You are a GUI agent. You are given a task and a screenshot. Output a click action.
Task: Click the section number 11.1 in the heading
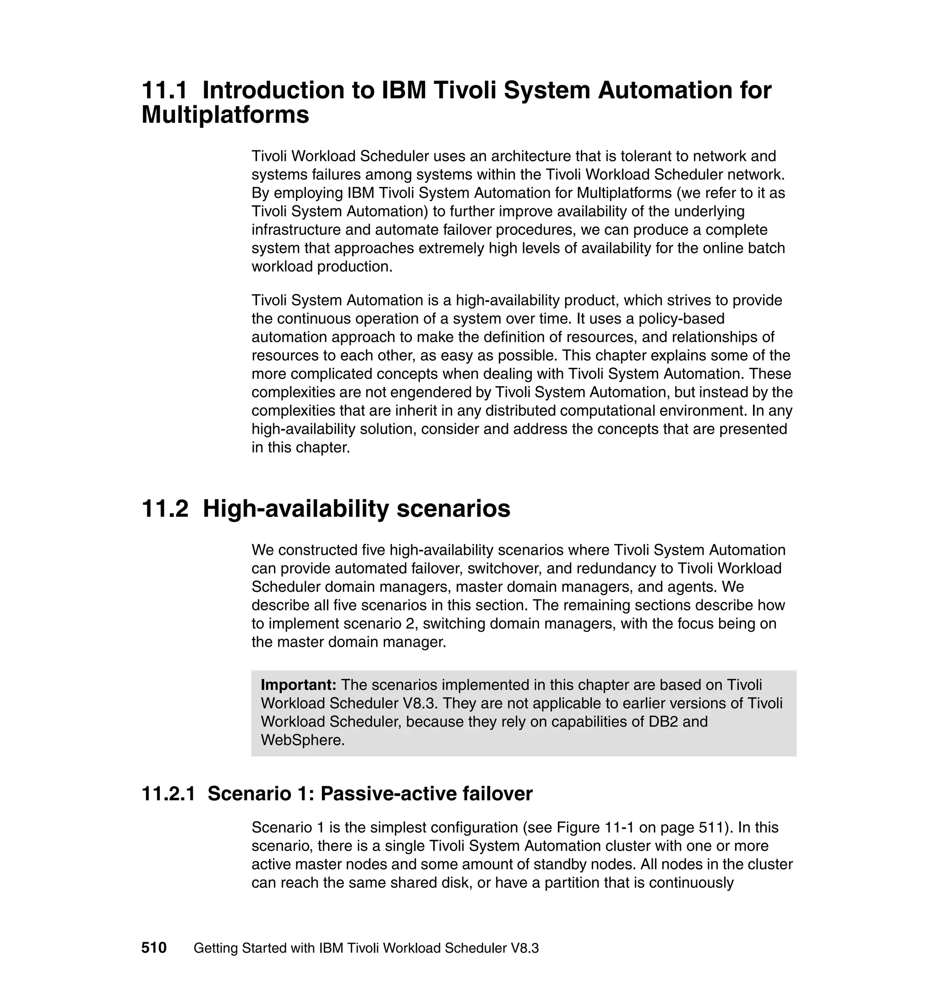[164, 91]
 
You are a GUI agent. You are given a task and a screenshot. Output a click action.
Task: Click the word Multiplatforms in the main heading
[225, 115]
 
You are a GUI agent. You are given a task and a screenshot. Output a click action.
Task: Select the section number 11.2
[164, 509]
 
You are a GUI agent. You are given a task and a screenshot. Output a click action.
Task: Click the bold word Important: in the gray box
[299, 685]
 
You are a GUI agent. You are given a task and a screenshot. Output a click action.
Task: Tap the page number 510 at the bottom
[153, 948]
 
